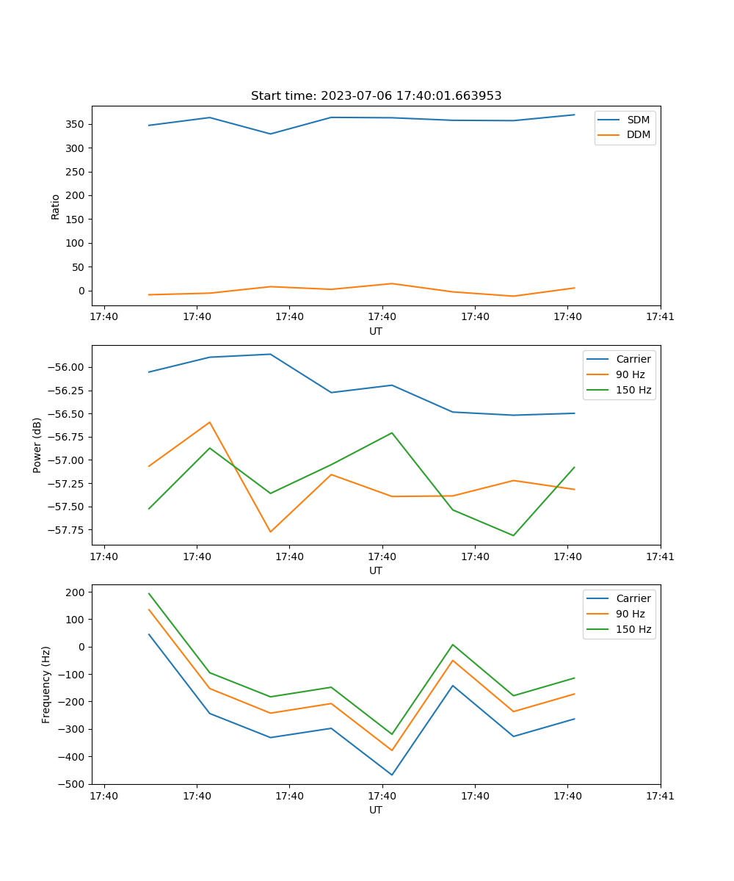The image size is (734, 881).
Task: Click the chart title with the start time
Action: [376, 96]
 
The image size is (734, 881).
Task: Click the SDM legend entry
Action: [637, 120]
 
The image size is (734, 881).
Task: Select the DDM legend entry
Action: [638, 135]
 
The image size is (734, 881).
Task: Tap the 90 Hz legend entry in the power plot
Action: [630, 374]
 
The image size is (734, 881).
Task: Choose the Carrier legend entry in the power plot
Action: [633, 359]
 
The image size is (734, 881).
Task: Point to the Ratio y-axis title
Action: [56, 206]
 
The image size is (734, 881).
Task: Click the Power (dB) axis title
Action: [37, 445]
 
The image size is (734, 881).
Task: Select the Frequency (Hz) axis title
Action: [46, 684]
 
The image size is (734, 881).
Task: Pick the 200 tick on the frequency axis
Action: [78, 592]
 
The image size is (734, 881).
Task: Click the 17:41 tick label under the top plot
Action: [660, 317]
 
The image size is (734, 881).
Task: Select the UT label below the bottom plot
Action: [376, 810]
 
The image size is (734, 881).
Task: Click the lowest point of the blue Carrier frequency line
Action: [392, 775]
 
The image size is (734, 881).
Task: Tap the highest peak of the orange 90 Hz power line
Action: [210, 422]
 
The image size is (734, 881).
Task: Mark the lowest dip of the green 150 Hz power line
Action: [513, 535]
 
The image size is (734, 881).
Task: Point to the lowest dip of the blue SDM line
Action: [270, 134]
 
